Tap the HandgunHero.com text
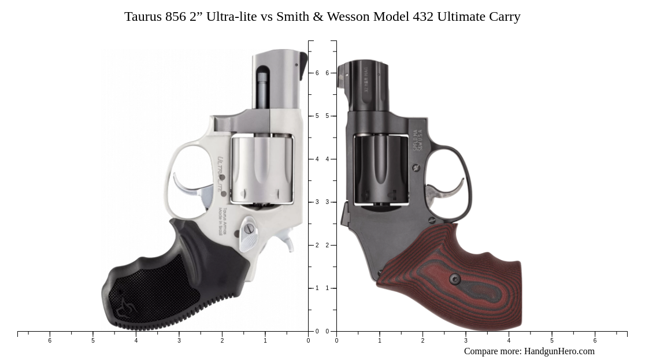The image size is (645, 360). pos(559,351)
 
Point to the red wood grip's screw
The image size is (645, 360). pos(455,280)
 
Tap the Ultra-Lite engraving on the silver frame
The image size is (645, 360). pos(220,173)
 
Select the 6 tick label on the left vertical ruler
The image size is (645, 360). pos(317,73)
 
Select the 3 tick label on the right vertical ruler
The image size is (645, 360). pos(327,202)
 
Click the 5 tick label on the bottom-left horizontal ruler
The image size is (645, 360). pos(92,341)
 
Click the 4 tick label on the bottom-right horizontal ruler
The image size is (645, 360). pos(509,341)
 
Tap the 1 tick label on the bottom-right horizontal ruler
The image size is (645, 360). pos(380,341)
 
